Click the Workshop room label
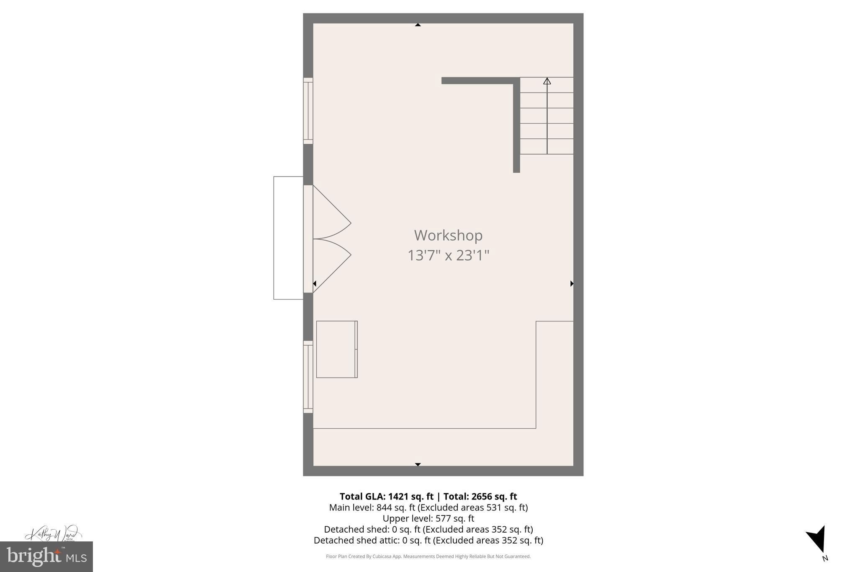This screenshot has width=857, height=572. pos(448,236)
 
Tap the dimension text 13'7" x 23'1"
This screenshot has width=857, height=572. pos(448,255)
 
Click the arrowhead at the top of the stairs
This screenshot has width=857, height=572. pos(547,81)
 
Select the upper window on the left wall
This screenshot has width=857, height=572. pos(308,111)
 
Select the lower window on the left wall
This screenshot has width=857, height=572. pos(308,377)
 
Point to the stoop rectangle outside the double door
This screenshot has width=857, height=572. pos(288,238)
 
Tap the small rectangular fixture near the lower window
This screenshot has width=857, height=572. pos(336,349)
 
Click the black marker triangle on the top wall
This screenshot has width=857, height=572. pos(418,25)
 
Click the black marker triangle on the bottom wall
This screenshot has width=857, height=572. pos(418,464)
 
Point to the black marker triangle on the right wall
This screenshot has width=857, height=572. pos(572,284)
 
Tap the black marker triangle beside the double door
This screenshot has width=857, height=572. pos(315,284)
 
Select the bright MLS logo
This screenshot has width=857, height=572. pos(46,556)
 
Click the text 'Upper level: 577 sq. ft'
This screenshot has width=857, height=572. pos(428,518)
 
